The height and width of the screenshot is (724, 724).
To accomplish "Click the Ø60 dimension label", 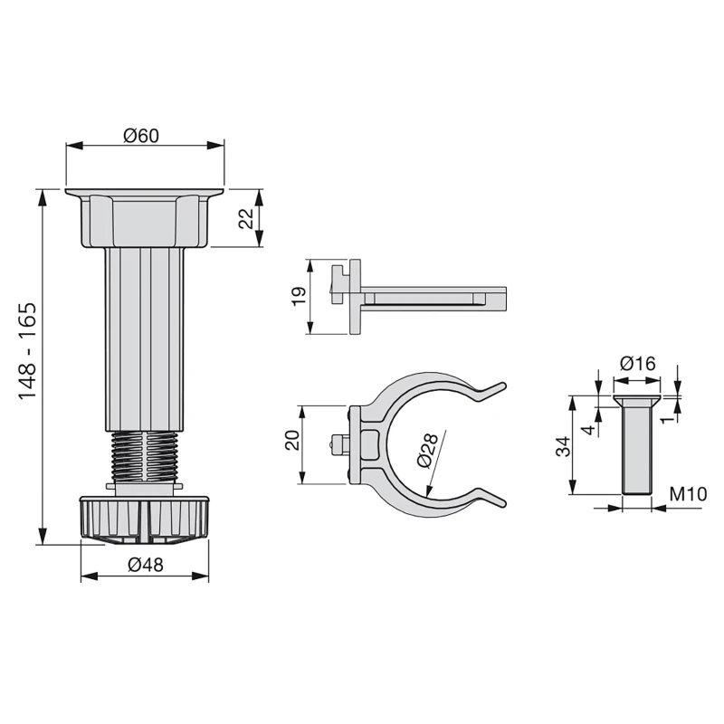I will (x=141, y=136).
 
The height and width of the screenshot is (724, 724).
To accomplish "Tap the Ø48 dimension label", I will (x=145, y=566).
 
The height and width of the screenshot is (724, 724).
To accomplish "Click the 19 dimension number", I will (x=300, y=297).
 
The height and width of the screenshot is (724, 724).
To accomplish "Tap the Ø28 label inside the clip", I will (x=428, y=449).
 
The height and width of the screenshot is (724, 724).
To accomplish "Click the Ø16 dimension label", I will (x=637, y=364).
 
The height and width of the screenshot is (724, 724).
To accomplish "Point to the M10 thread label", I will (x=688, y=495).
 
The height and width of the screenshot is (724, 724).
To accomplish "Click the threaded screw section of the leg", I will (x=145, y=458).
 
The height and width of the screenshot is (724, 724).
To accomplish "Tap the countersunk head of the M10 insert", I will (x=637, y=400).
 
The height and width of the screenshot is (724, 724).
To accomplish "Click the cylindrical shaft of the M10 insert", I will (x=637, y=452).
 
